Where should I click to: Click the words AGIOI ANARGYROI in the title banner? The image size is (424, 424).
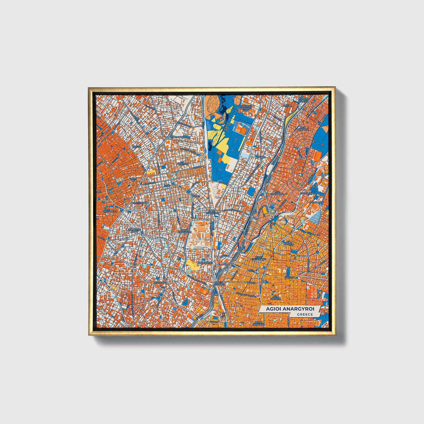tap(290, 309)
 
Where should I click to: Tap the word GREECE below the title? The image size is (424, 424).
tap(305, 314)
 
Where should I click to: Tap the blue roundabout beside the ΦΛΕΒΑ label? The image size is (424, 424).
tap(188, 192)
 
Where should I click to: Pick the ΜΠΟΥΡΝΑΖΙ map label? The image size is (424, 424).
tap(160, 282)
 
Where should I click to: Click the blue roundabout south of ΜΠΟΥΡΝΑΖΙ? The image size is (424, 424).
tap(161, 294)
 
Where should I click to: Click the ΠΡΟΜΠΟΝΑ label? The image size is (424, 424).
tap(306, 194)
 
